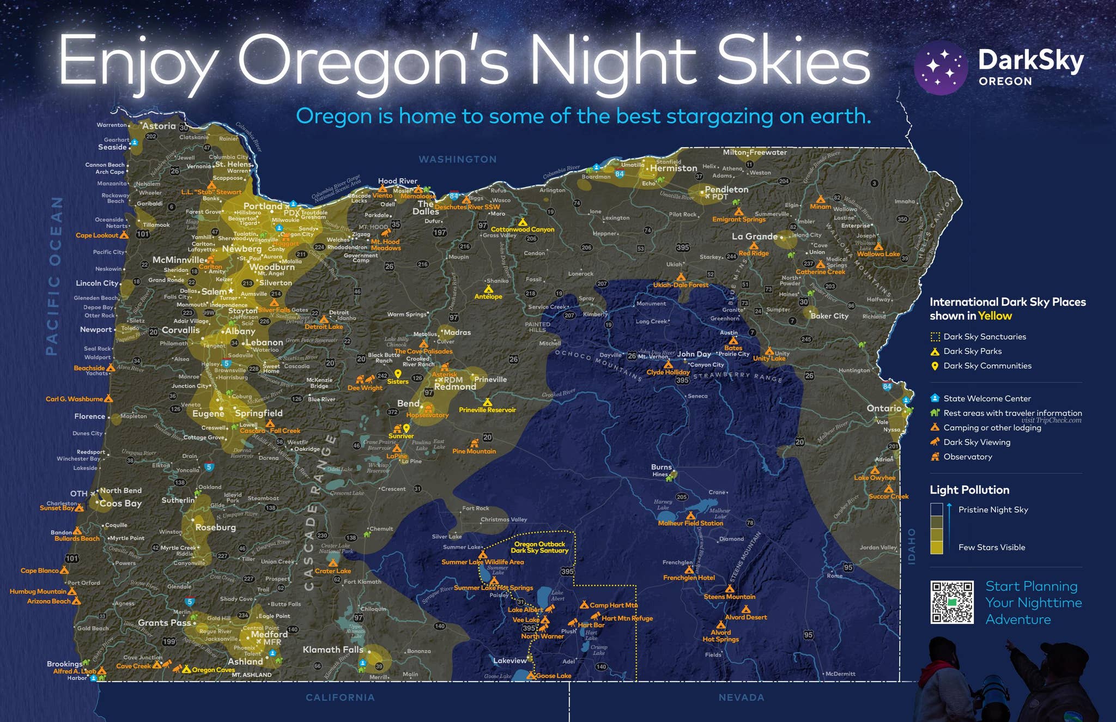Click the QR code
click(951, 602)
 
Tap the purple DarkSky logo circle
click(941, 68)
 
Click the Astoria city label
click(159, 126)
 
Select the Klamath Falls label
click(333, 650)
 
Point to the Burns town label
click(662, 467)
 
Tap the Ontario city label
click(884, 408)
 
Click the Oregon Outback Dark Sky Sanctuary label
click(539, 547)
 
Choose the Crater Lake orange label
click(333, 571)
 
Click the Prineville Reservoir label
click(487, 410)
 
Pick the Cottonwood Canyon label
click(523, 229)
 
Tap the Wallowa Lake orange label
click(878, 254)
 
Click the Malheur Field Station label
click(690, 523)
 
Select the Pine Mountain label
click(474, 451)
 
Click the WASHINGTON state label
click(458, 159)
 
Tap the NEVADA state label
click(741, 697)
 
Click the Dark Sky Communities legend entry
click(987, 366)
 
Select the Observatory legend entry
click(967, 457)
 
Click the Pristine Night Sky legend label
click(993, 509)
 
